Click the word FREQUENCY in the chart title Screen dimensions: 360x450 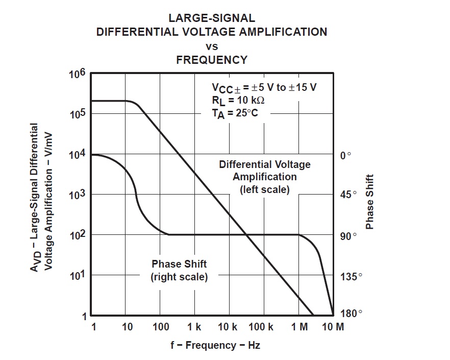(x=212, y=60)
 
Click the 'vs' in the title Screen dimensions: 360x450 (x=212, y=46)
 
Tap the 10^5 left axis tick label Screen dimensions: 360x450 (x=77, y=114)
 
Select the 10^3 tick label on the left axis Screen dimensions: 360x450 (x=77, y=195)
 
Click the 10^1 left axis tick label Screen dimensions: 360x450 (x=77, y=276)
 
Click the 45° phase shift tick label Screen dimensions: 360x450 (x=348, y=195)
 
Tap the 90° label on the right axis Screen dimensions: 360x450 (x=348, y=236)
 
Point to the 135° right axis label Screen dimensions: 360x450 (x=351, y=276)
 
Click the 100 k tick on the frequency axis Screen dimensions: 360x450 (x=262, y=327)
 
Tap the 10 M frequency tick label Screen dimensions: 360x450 (x=333, y=327)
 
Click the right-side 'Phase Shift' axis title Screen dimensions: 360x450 (x=370, y=202)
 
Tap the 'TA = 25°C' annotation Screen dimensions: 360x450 (x=235, y=113)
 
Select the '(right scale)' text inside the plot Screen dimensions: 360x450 (x=179, y=278)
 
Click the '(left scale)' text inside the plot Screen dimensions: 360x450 (x=264, y=189)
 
